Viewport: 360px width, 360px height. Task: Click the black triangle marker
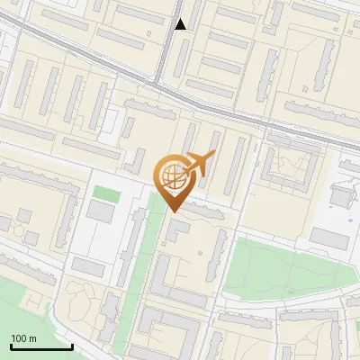(x=181, y=24)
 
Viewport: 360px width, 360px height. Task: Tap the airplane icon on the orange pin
(x=200, y=163)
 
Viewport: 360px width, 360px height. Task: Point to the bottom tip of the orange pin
(x=172, y=211)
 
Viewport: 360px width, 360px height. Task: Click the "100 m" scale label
(x=23, y=338)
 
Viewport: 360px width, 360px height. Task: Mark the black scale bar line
(x=40, y=347)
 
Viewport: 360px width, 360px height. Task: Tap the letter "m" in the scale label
(x=32, y=338)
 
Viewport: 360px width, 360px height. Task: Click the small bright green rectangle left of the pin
(x=107, y=193)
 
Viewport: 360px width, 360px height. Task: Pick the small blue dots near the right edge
(x=349, y=219)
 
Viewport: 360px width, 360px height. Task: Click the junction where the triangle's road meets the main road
(x=157, y=85)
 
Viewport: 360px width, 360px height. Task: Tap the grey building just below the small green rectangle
(x=100, y=212)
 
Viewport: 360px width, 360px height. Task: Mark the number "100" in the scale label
(x=19, y=338)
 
